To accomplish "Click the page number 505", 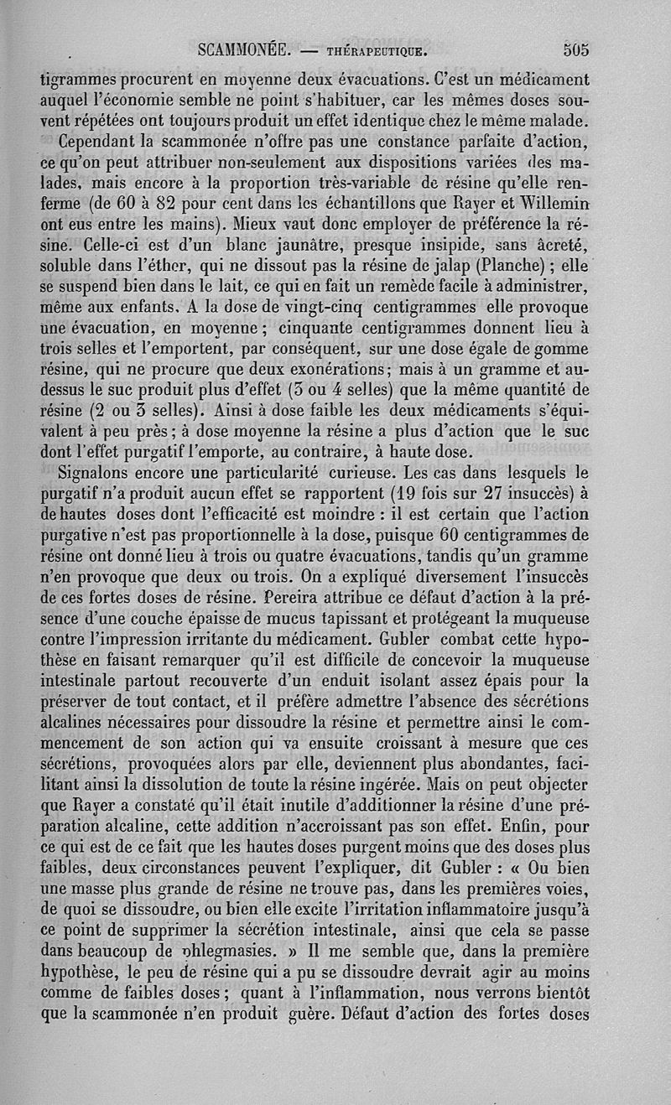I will coord(576,49).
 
